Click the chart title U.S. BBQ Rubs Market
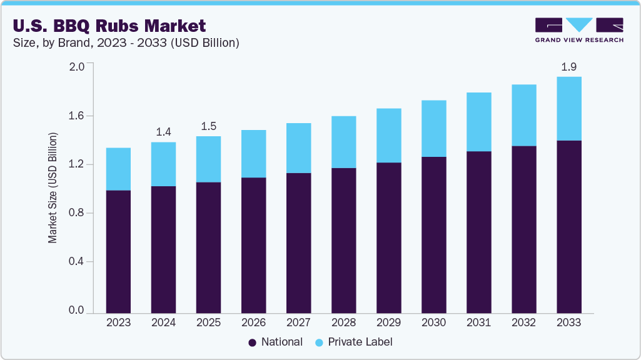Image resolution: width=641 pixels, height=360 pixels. tap(110, 26)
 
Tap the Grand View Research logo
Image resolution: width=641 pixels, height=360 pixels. tap(578, 30)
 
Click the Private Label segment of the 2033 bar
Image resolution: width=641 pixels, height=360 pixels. tap(568, 109)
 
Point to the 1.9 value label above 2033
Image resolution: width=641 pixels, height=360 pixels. tap(568, 66)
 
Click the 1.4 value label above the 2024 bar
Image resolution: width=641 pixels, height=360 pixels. tap(163, 132)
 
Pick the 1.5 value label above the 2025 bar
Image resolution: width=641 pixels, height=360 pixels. tap(208, 126)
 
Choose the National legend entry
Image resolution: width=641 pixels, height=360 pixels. tap(275, 342)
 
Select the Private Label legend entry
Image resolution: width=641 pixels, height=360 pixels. tap(353, 342)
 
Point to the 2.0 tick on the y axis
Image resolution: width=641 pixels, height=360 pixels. tap(76, 67)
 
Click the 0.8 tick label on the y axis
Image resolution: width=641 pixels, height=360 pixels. tap(76, 213)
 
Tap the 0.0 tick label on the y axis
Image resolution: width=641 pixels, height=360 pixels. tap(76, 311)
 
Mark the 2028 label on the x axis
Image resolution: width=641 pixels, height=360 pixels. tap(343, 322)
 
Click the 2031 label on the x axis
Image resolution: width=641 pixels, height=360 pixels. tap(478, 322)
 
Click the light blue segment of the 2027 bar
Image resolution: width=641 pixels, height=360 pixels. tap(298, 148)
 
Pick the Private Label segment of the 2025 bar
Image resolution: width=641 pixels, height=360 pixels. tap(208, 159)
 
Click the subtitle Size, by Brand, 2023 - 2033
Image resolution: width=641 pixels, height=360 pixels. tap(125, 43)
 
